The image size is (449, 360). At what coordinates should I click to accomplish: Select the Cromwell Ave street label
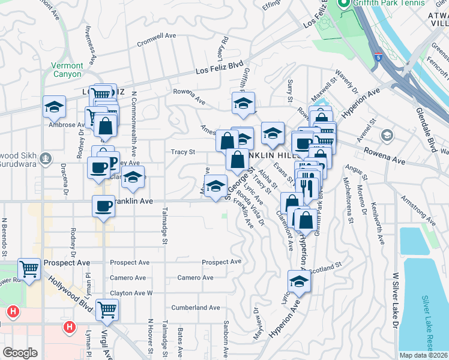pos(156,36)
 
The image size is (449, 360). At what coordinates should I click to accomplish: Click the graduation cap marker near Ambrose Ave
pos(54,107)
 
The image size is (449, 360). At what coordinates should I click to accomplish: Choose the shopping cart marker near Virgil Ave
pos(107,310)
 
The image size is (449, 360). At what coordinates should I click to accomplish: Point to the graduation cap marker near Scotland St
pos(299,280)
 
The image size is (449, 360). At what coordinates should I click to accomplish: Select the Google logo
pos(20,352)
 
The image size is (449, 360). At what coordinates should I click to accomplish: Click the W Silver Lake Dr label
pos(396,300)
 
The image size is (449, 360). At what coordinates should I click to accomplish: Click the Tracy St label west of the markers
pos(183,152)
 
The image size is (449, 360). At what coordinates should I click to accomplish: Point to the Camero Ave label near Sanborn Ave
pos(195,278)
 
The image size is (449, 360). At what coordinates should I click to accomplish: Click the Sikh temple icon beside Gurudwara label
pos(46,159)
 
